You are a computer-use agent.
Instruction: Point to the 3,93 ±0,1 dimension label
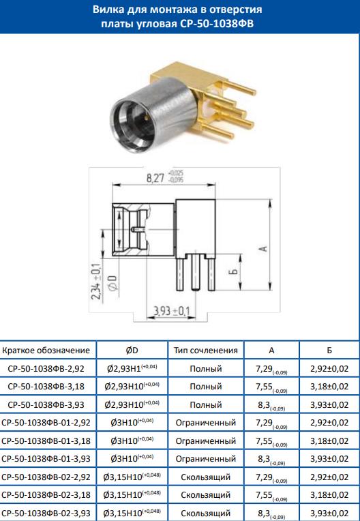171,312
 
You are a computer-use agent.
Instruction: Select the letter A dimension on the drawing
264,248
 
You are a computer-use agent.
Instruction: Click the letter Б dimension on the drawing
235,271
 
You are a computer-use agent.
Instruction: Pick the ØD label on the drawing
113,282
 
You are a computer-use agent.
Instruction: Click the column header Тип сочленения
206,351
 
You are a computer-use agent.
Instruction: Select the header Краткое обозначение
46,351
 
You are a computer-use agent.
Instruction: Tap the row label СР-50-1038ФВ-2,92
46,368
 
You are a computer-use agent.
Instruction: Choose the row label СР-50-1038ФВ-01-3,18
46,441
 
